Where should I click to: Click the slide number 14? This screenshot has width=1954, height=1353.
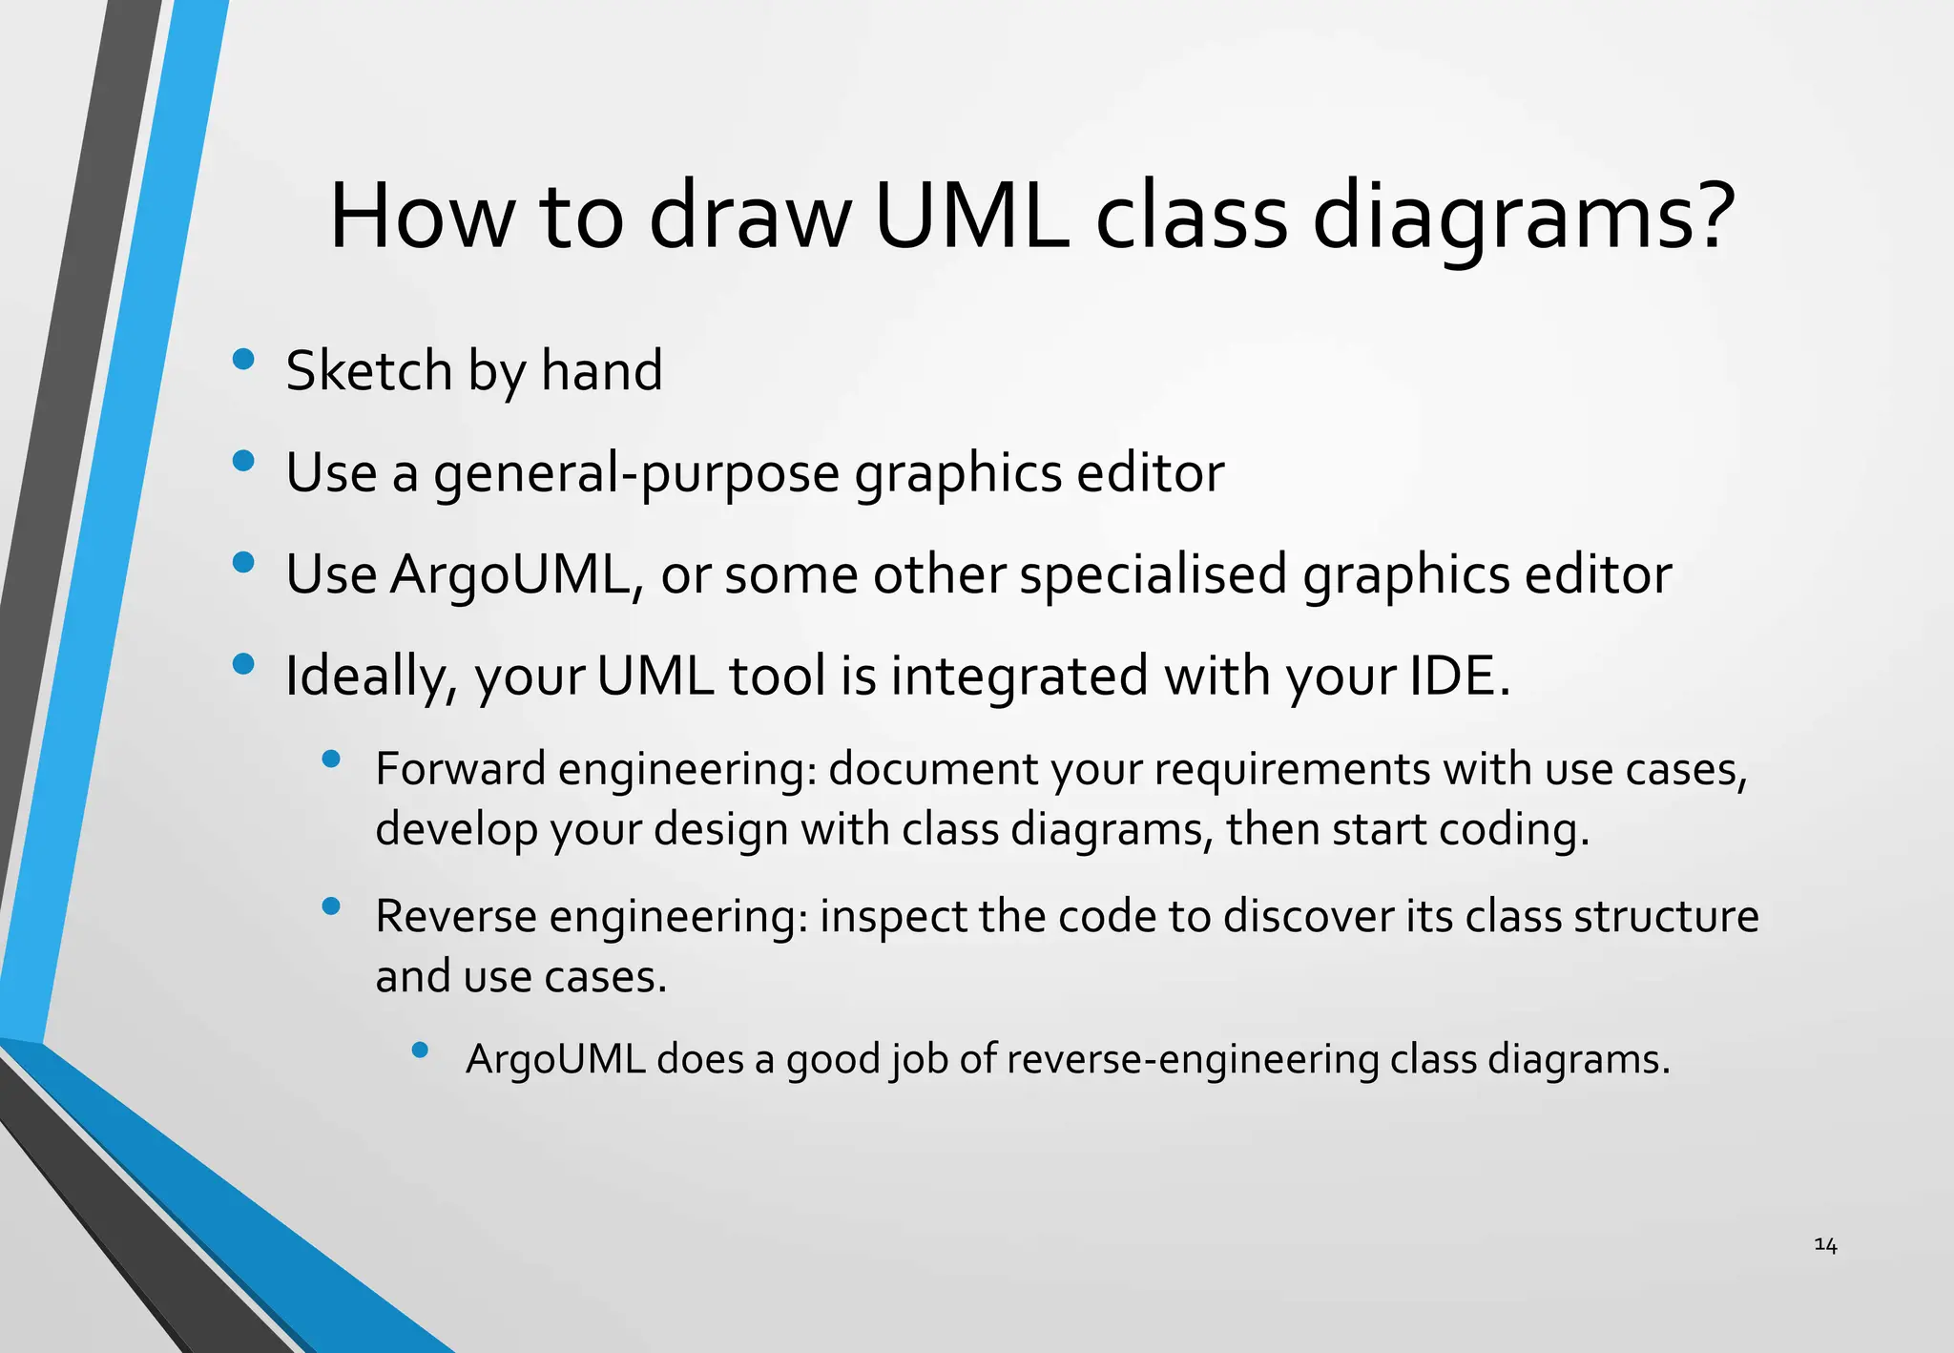[x=1825, y=1244]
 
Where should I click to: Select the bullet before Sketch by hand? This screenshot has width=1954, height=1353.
[x=243, y=359]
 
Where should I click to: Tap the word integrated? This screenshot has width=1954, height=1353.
[x=1020, y=677]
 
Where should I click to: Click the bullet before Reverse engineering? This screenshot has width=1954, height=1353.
[x=331, y=906]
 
